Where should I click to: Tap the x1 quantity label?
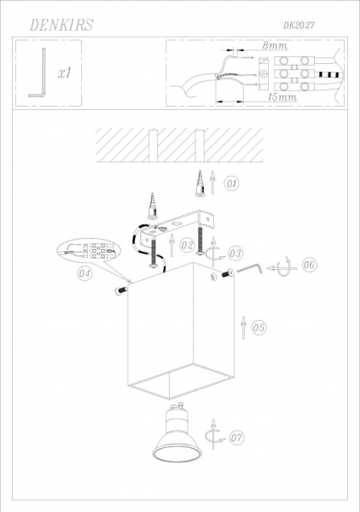point(64,74)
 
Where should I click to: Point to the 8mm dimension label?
point(275,44)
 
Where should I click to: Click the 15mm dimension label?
point(282,98)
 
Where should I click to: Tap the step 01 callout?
point(232,183)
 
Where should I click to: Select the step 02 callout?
point(189,247)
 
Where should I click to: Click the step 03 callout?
point(235,253)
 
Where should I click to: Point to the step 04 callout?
point(84,274)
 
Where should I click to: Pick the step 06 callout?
point(309,265)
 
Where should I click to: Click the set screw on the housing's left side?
point(120,291)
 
